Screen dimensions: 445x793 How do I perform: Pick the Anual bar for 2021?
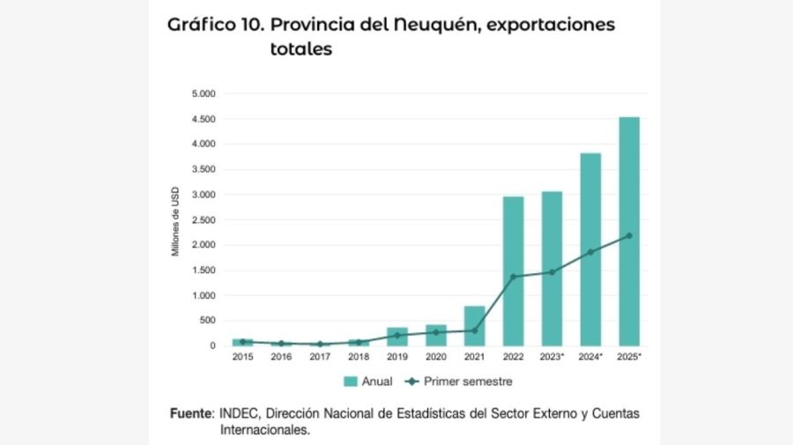coord(474,326)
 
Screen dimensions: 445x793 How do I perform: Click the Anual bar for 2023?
coord(552,268)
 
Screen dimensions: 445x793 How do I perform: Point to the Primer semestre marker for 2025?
coord(628,235)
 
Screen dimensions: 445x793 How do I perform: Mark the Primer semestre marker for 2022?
coord(513,277)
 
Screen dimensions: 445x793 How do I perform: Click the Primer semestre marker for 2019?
coord(396,335)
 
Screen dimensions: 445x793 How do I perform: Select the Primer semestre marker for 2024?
coord(590,252)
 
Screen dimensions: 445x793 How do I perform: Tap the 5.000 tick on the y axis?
coord(204,93)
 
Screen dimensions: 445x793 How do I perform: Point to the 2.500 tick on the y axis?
coord(204,219)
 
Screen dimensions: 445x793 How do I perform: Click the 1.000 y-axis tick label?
coord(204,295)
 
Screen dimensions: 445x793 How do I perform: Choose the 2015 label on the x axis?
coord(242,358)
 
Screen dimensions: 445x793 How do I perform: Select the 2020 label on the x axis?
coord(435,358)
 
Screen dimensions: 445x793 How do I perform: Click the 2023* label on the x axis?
coord(552,358)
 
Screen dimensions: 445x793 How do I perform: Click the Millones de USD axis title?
coord(175,220)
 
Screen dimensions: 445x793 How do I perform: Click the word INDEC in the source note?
coord(239,413)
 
